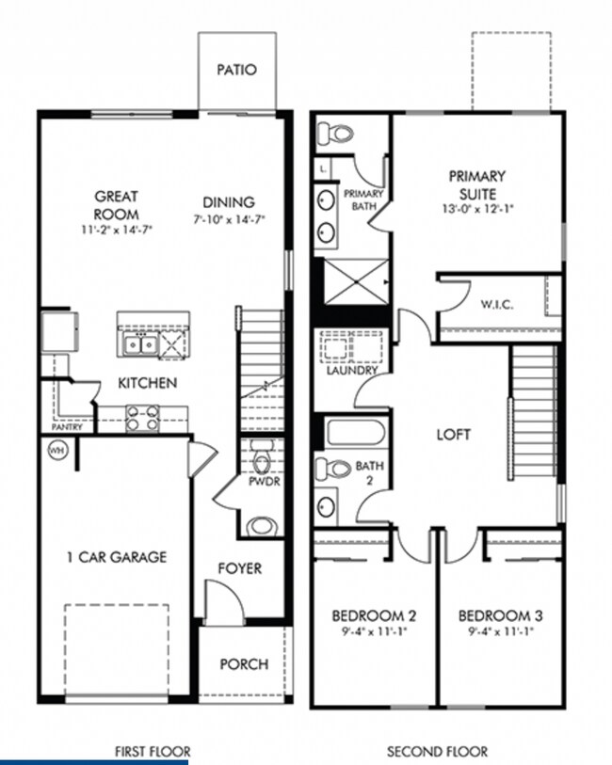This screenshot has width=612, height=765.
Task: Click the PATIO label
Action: tap(236, 70)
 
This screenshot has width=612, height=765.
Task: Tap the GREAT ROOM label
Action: tap(117, 204)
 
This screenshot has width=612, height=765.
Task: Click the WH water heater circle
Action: tap(53, 450)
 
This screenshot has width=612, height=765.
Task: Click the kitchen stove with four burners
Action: tap(142, 417)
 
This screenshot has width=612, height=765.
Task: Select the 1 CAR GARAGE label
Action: tap(116, 556)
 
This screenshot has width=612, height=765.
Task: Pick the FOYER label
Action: tap(240, 568)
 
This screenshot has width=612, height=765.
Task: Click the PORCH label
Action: tap(244, 663)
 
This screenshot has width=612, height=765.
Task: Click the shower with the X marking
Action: tap(355, 282)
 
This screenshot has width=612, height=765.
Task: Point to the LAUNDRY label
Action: tap(352, 370)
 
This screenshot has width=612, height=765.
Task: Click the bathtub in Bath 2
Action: tap(356, 434)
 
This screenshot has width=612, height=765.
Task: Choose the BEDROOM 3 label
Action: tap(500, 616)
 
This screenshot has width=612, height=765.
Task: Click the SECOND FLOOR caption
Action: tap(438, 751)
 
